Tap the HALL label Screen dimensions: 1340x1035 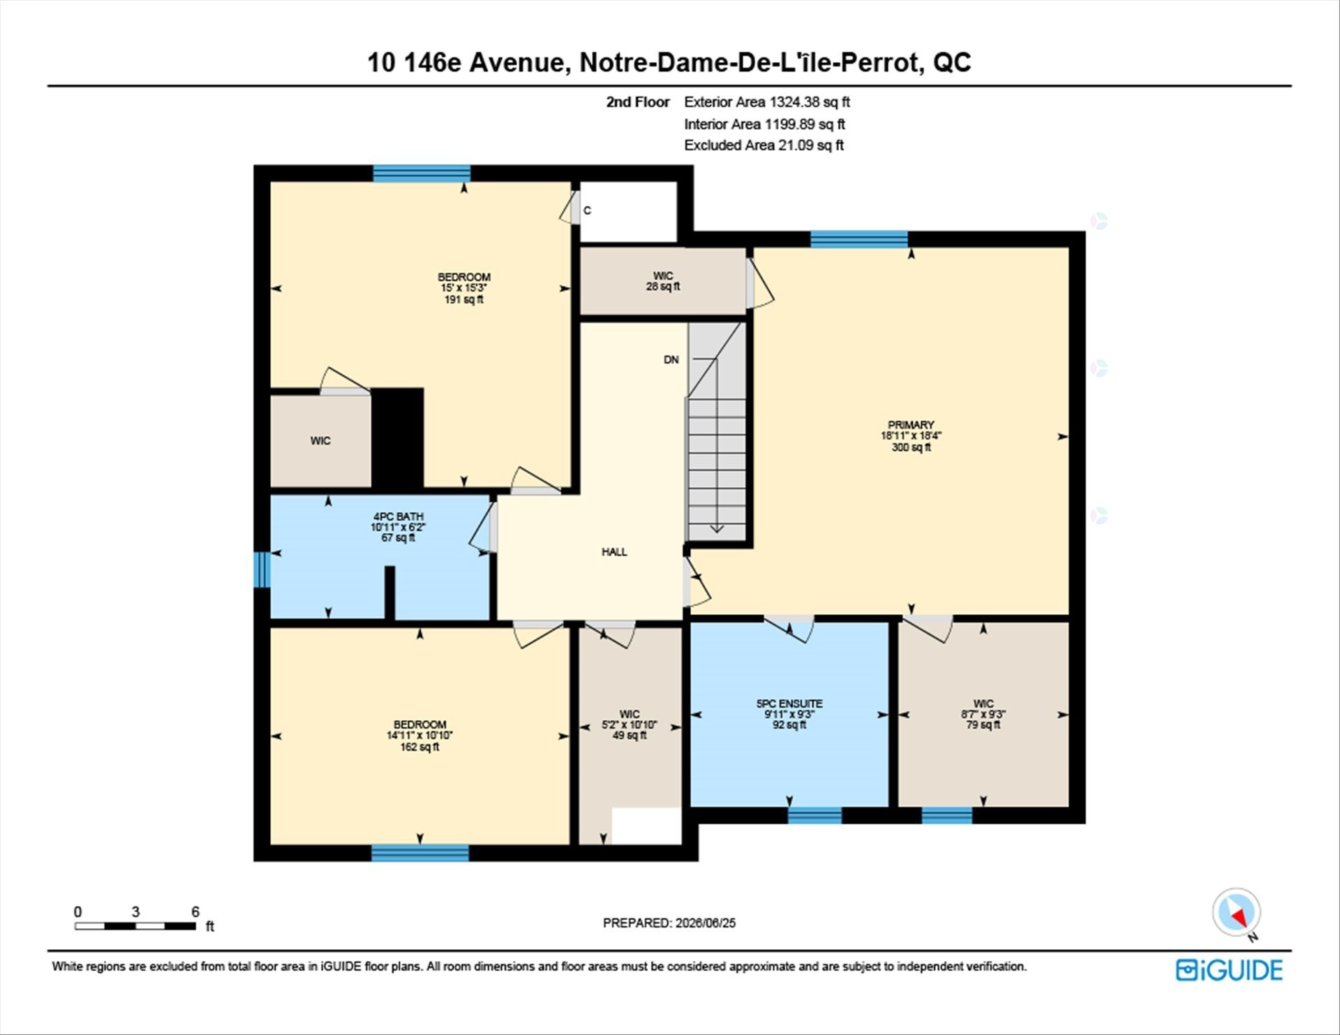coord(614,552)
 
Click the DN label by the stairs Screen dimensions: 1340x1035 coord(671,360)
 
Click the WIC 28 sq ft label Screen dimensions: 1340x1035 coord(663,281)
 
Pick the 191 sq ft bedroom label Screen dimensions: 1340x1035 coord(464,288)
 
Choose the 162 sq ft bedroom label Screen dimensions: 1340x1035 coord(419,736)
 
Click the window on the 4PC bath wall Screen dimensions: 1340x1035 coord(262,569)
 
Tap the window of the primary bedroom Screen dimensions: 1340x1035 coord(859,239)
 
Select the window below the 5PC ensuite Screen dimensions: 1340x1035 coord(815,815)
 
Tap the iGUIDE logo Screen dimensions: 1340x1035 coord(1229,970)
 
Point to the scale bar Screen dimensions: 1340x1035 coord(135,926)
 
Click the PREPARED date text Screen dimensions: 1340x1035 coord(669,923)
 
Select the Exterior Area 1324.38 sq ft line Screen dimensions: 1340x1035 coord(767,102)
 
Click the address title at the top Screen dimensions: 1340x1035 coord(669,62)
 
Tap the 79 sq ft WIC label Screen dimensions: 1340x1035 coord(983,714)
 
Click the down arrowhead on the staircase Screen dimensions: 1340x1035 coord(717,529)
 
